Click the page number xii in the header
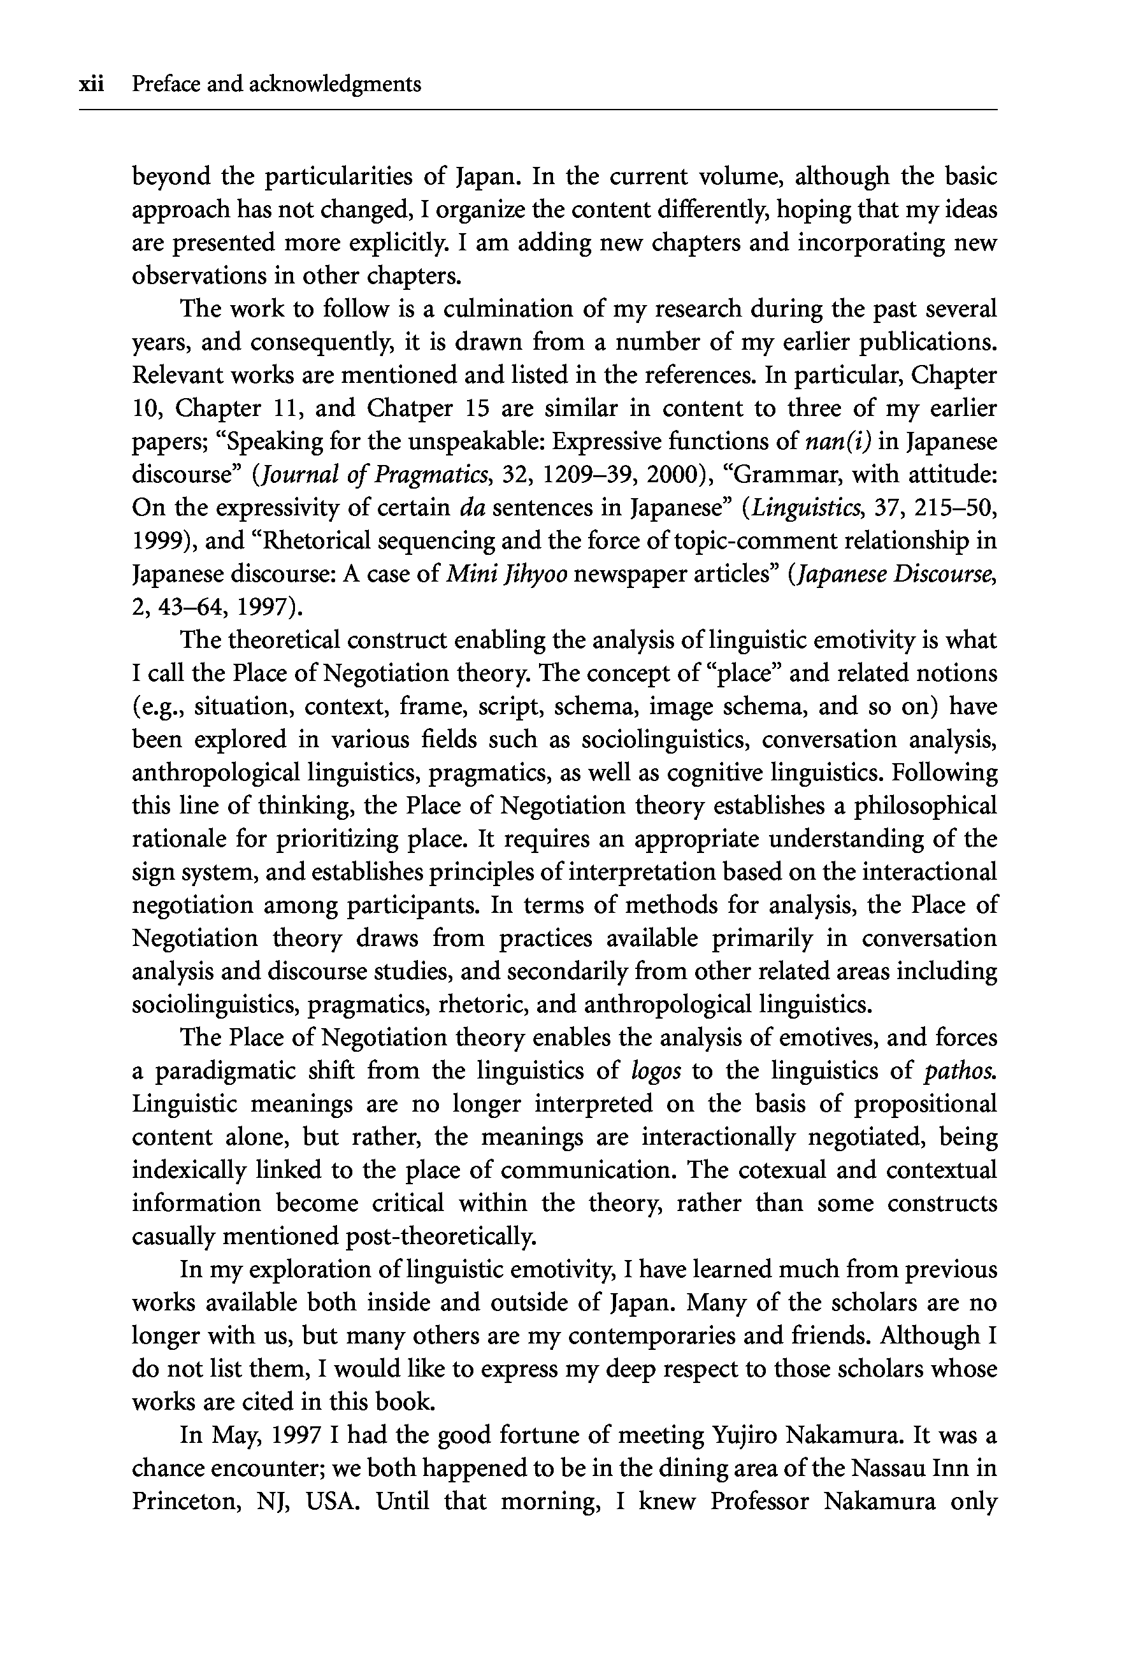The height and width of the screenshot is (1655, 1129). pos(92,85)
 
